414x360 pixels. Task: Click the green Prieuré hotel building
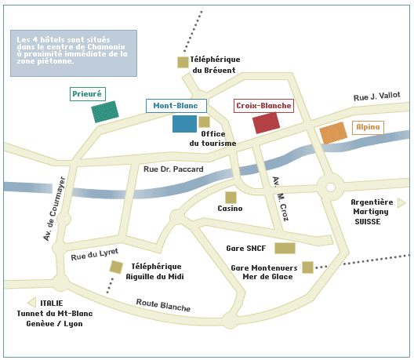coord(105,111)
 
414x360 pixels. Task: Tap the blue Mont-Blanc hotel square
coord(184,124)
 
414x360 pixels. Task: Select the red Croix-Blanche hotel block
coord(266,123)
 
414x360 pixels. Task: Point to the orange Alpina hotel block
coord(333,133)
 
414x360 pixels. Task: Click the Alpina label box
coord(368,128)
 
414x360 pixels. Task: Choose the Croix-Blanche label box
coord(263,106)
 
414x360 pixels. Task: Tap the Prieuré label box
coord(88,94)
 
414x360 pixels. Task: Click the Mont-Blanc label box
coord(176,106)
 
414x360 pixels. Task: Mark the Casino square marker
coord(231,198)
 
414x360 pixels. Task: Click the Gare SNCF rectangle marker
coord(285,249)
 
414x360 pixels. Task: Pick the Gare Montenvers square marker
coord(307,267)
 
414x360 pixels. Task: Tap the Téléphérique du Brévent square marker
coord(183,62)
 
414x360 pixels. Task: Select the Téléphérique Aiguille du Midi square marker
coord(116,267)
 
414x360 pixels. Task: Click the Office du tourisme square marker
coord(204,122)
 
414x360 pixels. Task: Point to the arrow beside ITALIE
coord(31,303)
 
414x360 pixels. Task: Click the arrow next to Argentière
coord(401,203)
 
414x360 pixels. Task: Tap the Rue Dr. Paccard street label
coord(173,169)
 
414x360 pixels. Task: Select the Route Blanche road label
coord(163,305)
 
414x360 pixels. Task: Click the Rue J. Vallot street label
coord(377,96)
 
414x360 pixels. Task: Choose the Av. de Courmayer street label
coord(54,209)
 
